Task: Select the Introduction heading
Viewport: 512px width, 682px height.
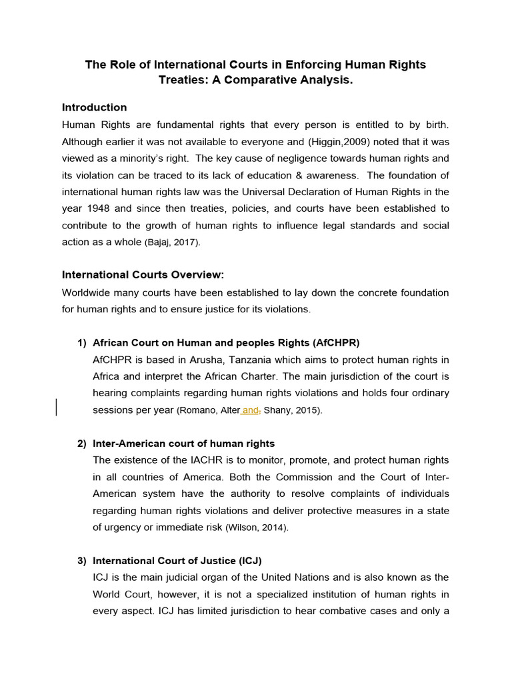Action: click(x=94, y=107)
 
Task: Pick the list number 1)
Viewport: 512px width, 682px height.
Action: click(x=82, y=343)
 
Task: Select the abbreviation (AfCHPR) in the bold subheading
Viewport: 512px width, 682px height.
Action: click(x=335, y=343)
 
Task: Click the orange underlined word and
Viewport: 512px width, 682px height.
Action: click(x=250, y=411)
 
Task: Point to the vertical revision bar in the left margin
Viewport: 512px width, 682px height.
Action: click(x=57, y=407)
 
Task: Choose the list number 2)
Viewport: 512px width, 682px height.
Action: click(x=82, y=444)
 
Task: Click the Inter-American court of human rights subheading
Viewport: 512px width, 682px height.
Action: click(x=183, y=444)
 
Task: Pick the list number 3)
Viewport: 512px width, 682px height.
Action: click(x=82, y=561)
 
